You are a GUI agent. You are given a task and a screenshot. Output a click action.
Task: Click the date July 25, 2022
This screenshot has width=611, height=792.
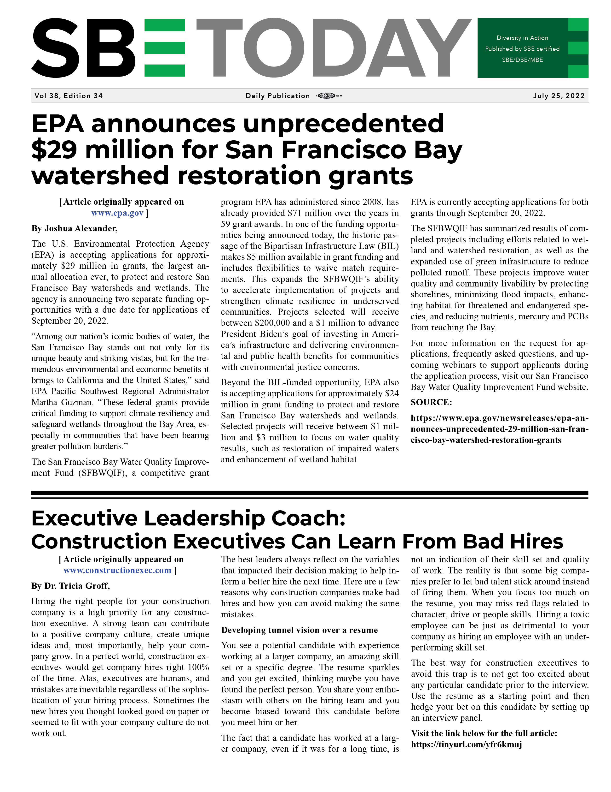(559, 96)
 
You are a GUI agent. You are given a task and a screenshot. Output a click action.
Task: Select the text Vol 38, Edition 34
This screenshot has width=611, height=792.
(69, 96)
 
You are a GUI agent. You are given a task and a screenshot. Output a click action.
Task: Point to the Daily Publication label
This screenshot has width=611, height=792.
(277, 96)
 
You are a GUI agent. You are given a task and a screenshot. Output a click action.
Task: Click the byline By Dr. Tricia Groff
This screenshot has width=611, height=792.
(70, 586)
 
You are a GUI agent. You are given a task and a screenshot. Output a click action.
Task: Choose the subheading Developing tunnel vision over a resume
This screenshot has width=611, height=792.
(299, 630)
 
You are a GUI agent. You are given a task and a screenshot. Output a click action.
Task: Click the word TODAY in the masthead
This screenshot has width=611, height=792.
(333, 48)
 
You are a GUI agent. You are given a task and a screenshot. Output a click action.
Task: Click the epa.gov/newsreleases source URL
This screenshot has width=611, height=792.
(499, 429)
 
